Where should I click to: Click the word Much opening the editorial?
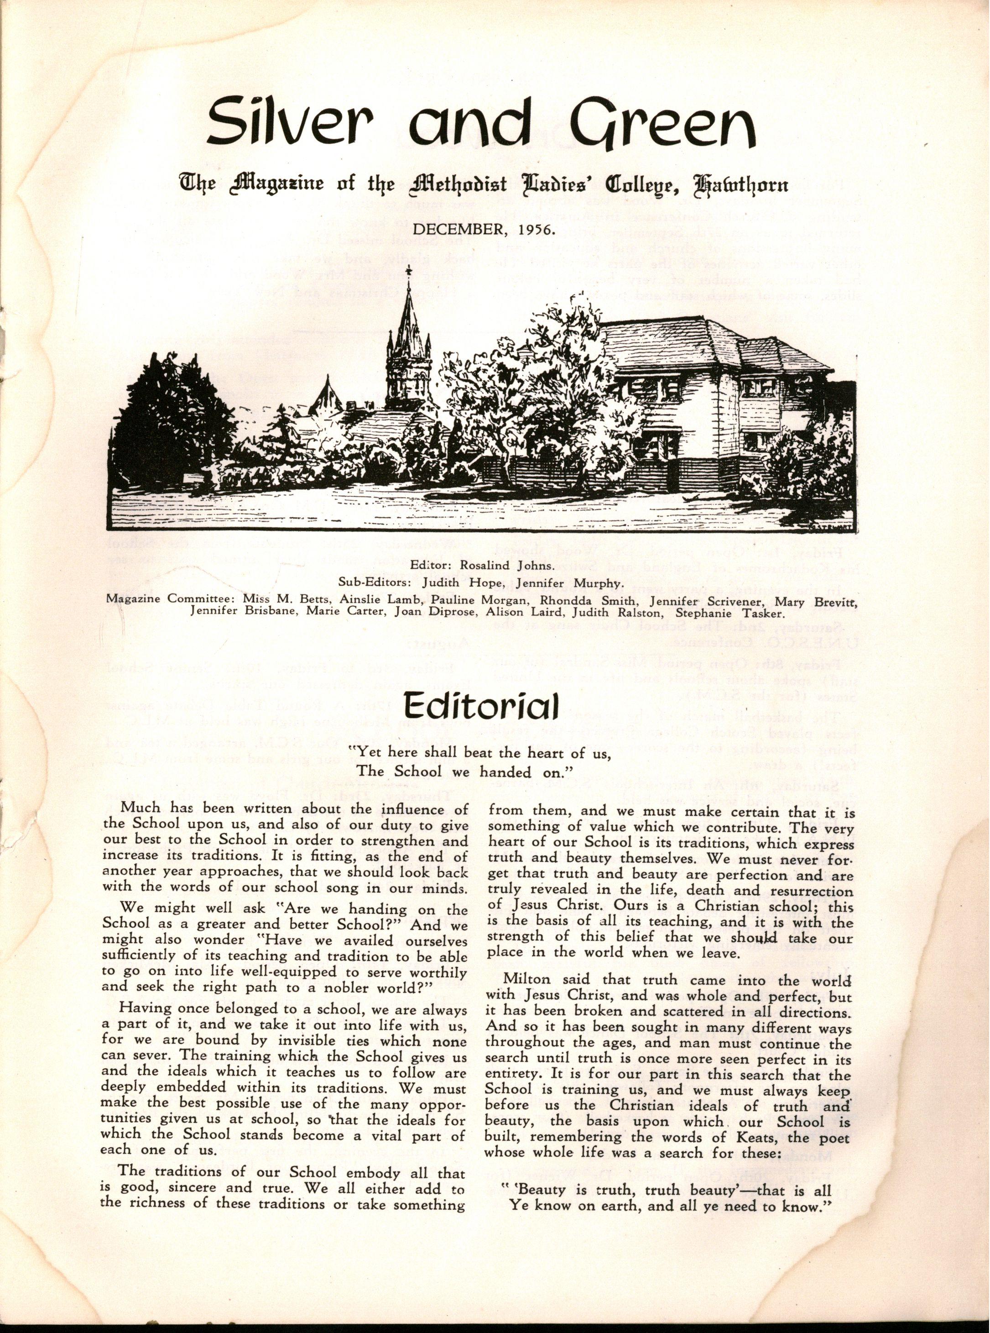click(x=138, y=810)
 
